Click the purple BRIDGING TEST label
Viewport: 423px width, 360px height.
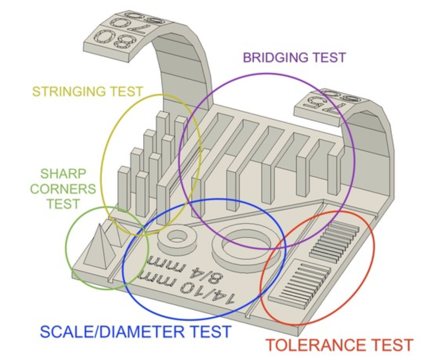[x=294, y=58]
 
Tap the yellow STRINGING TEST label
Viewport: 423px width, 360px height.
[x=87, y=92]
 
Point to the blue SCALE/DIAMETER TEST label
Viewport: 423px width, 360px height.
[x=136, y=332]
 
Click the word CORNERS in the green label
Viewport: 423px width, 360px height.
[x=63, y=189]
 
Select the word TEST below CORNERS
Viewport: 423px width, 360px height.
[x=63, y=203]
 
